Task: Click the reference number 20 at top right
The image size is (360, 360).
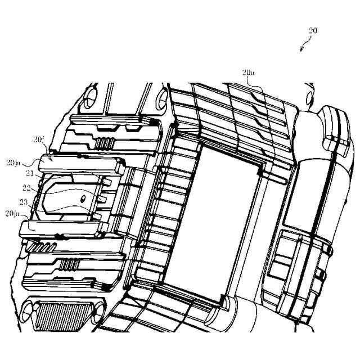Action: [313, 31]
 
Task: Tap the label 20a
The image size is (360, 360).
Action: [248, 72]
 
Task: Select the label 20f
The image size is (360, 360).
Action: [38, 139]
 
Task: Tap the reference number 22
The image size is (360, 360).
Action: [26, 188]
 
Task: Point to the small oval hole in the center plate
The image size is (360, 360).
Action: [83, 197]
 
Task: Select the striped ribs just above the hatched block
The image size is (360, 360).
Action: [74, 264]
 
